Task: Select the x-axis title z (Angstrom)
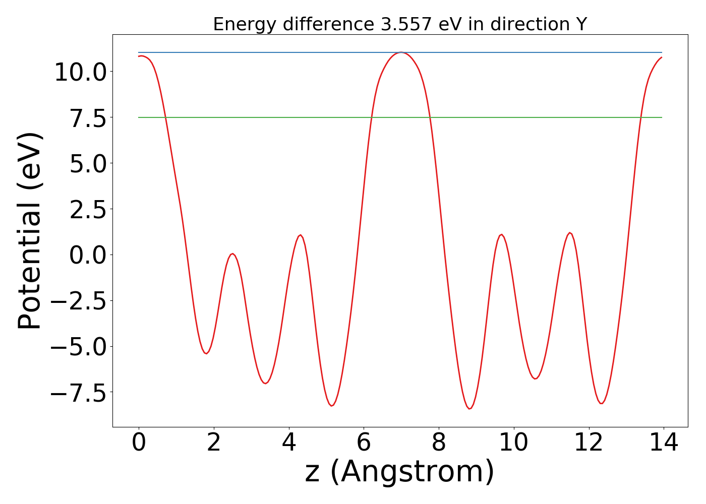[x=399, y=472]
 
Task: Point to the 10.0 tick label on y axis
[x=80, y=72]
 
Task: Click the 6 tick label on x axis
[x=364, y=443]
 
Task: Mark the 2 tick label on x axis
[x=214, y=443]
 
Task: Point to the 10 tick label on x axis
[x=514, y=443]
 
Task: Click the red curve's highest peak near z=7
[x=400, y=52]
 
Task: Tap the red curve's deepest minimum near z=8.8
[x=469, y=408]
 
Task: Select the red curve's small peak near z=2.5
[x=232, y=254]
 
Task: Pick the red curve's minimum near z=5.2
[x=332, y=406]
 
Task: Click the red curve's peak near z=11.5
[x=570, y=233]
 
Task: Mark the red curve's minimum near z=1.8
[x=206, y=353]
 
